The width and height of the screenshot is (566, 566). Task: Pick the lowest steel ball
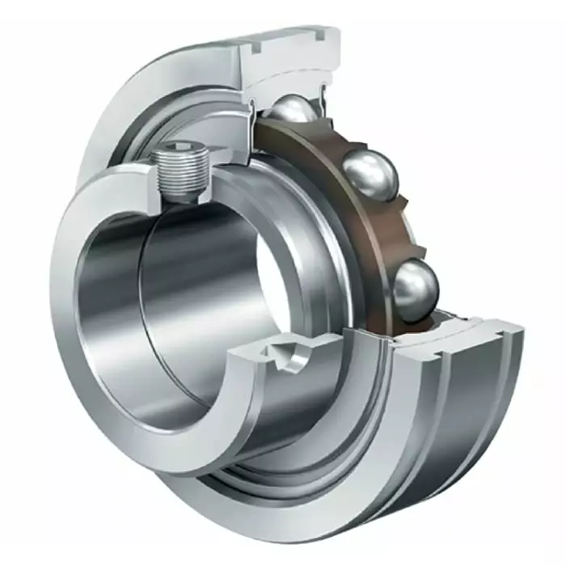click(x=416, y=285)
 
